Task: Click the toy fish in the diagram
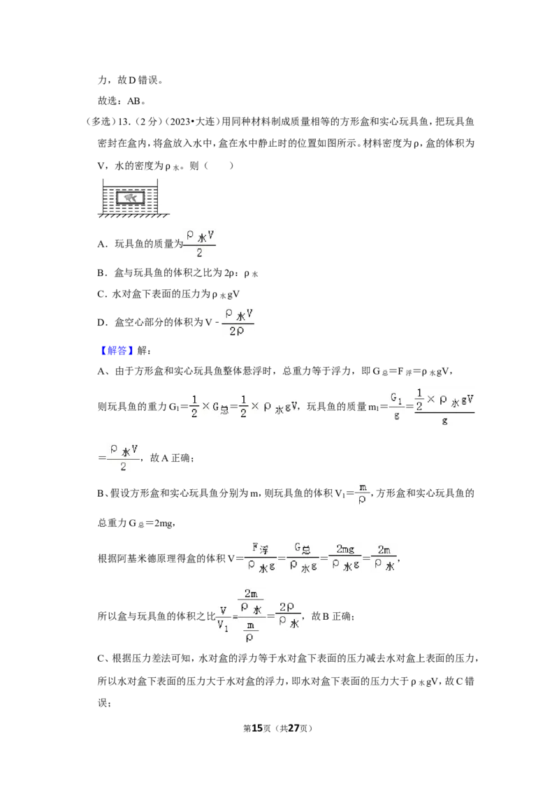131,198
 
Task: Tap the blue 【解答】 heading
115,351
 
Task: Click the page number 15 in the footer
257,728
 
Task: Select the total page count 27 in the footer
293,728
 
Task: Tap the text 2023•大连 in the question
193,122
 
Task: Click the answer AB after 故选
133,101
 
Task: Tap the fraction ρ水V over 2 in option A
200,244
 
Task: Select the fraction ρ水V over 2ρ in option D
237,322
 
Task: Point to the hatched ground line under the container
133,215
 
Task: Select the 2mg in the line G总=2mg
163,523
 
